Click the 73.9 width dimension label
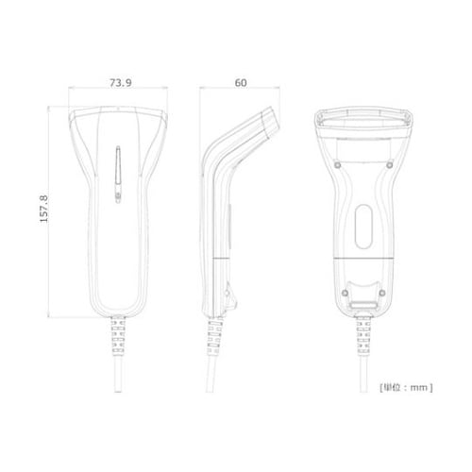[121, 83]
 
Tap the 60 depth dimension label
[241, 83]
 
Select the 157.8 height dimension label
[44, 209]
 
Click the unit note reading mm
[419, 387]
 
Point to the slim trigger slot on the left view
[118, 165]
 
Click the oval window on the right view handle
[363, 227]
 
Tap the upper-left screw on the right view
[337, 165]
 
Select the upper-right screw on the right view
[390, 164]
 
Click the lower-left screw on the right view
[345, 293]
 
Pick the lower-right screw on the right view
[382, 293]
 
